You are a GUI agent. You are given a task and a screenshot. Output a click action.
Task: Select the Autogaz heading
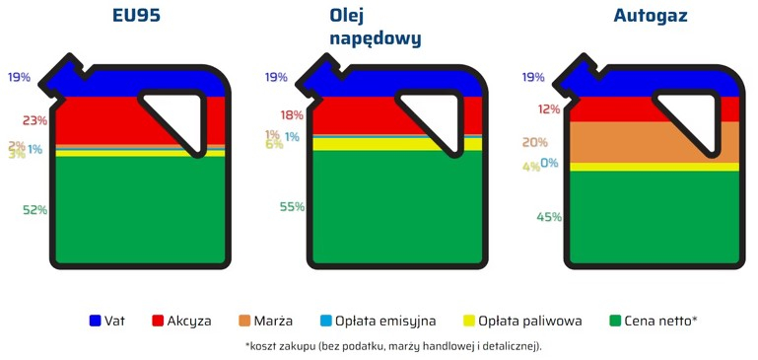(651, 17)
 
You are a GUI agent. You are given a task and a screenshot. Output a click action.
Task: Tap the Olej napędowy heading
(376, 28)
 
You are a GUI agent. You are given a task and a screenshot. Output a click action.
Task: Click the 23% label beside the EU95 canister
(34, 120)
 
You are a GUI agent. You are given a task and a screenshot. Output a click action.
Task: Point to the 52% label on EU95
(34, 210)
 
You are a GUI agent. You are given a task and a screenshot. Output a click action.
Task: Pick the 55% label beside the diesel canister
(292, 206)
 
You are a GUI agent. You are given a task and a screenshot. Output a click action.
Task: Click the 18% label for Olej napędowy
(292, 115)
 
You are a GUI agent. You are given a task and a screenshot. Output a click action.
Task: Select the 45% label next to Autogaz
(549, 217)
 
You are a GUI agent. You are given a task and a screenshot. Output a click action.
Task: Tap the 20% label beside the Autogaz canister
(534, 142)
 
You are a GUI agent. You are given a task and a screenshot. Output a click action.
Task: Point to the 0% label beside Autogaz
(549, 163)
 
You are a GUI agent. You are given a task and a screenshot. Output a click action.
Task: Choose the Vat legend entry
(106, 321)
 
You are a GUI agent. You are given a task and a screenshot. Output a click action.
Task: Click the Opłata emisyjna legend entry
(379, 321)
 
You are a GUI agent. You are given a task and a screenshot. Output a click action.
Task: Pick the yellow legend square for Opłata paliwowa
(470, 321)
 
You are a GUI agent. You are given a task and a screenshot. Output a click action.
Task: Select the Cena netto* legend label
(660, 321)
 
